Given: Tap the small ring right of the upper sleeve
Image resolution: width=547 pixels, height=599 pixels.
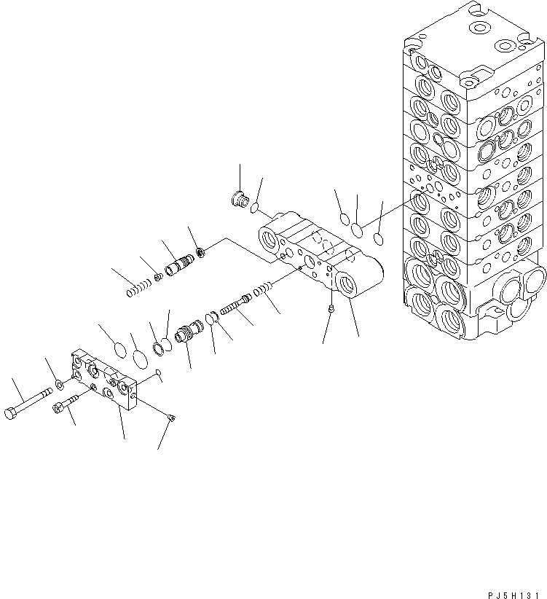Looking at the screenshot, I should click(201, 252).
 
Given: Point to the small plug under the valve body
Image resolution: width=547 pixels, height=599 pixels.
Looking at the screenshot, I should click(332, 309).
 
